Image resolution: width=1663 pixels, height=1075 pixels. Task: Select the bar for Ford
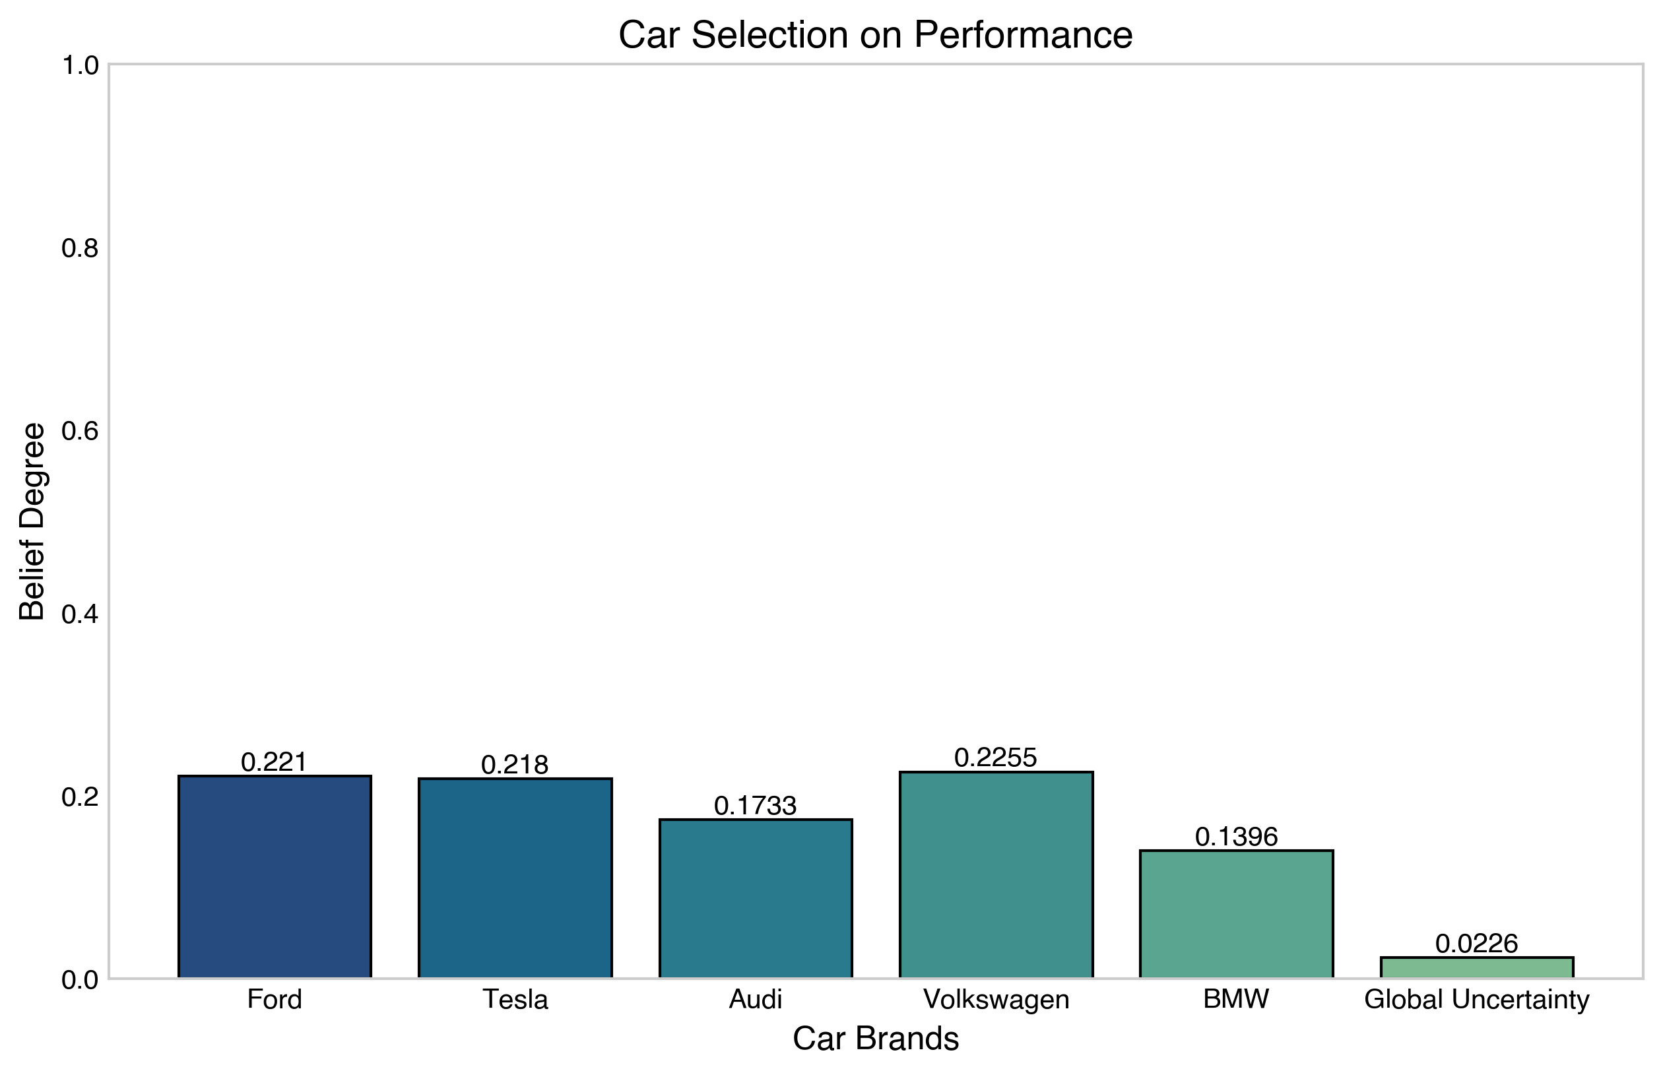275,877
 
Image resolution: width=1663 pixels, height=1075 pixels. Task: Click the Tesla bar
515,878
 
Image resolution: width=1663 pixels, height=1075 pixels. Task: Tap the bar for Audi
756,898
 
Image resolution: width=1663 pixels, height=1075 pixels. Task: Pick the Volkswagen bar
996,874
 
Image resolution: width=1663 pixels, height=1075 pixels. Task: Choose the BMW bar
1237,915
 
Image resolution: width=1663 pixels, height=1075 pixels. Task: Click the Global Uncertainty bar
1477,967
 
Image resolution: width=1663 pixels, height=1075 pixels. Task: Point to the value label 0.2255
996,758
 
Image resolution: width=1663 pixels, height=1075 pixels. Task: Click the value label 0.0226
1477,944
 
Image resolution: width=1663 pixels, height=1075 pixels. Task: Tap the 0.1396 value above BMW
1237,836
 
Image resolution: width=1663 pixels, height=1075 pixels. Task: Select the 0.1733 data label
756,806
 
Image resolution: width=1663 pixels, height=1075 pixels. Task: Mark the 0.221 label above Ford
275,762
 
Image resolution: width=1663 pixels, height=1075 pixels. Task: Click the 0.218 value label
515,765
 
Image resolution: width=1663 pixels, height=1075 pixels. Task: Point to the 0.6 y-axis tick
81,431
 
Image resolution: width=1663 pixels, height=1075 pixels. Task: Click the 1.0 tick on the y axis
81,65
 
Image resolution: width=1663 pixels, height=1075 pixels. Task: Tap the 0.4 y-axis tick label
81,614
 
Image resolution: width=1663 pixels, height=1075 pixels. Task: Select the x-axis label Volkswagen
996,1000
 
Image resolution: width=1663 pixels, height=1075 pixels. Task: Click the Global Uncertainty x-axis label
1477,1000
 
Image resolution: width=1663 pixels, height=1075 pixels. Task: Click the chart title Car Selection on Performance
876,34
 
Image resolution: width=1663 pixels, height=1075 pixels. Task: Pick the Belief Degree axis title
32,521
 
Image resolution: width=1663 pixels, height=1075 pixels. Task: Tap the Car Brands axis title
876,1039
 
